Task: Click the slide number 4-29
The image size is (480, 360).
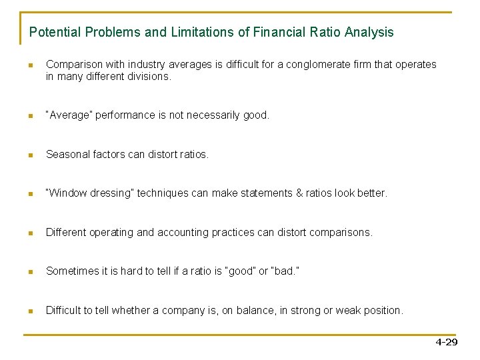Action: click(446, 342)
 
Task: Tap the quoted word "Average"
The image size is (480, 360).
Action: click(69, 115)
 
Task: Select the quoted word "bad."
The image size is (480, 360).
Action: click(283, 271)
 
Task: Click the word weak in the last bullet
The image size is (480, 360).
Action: click(342, 311)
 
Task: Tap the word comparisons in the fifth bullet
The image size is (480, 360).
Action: click(341, 233)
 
